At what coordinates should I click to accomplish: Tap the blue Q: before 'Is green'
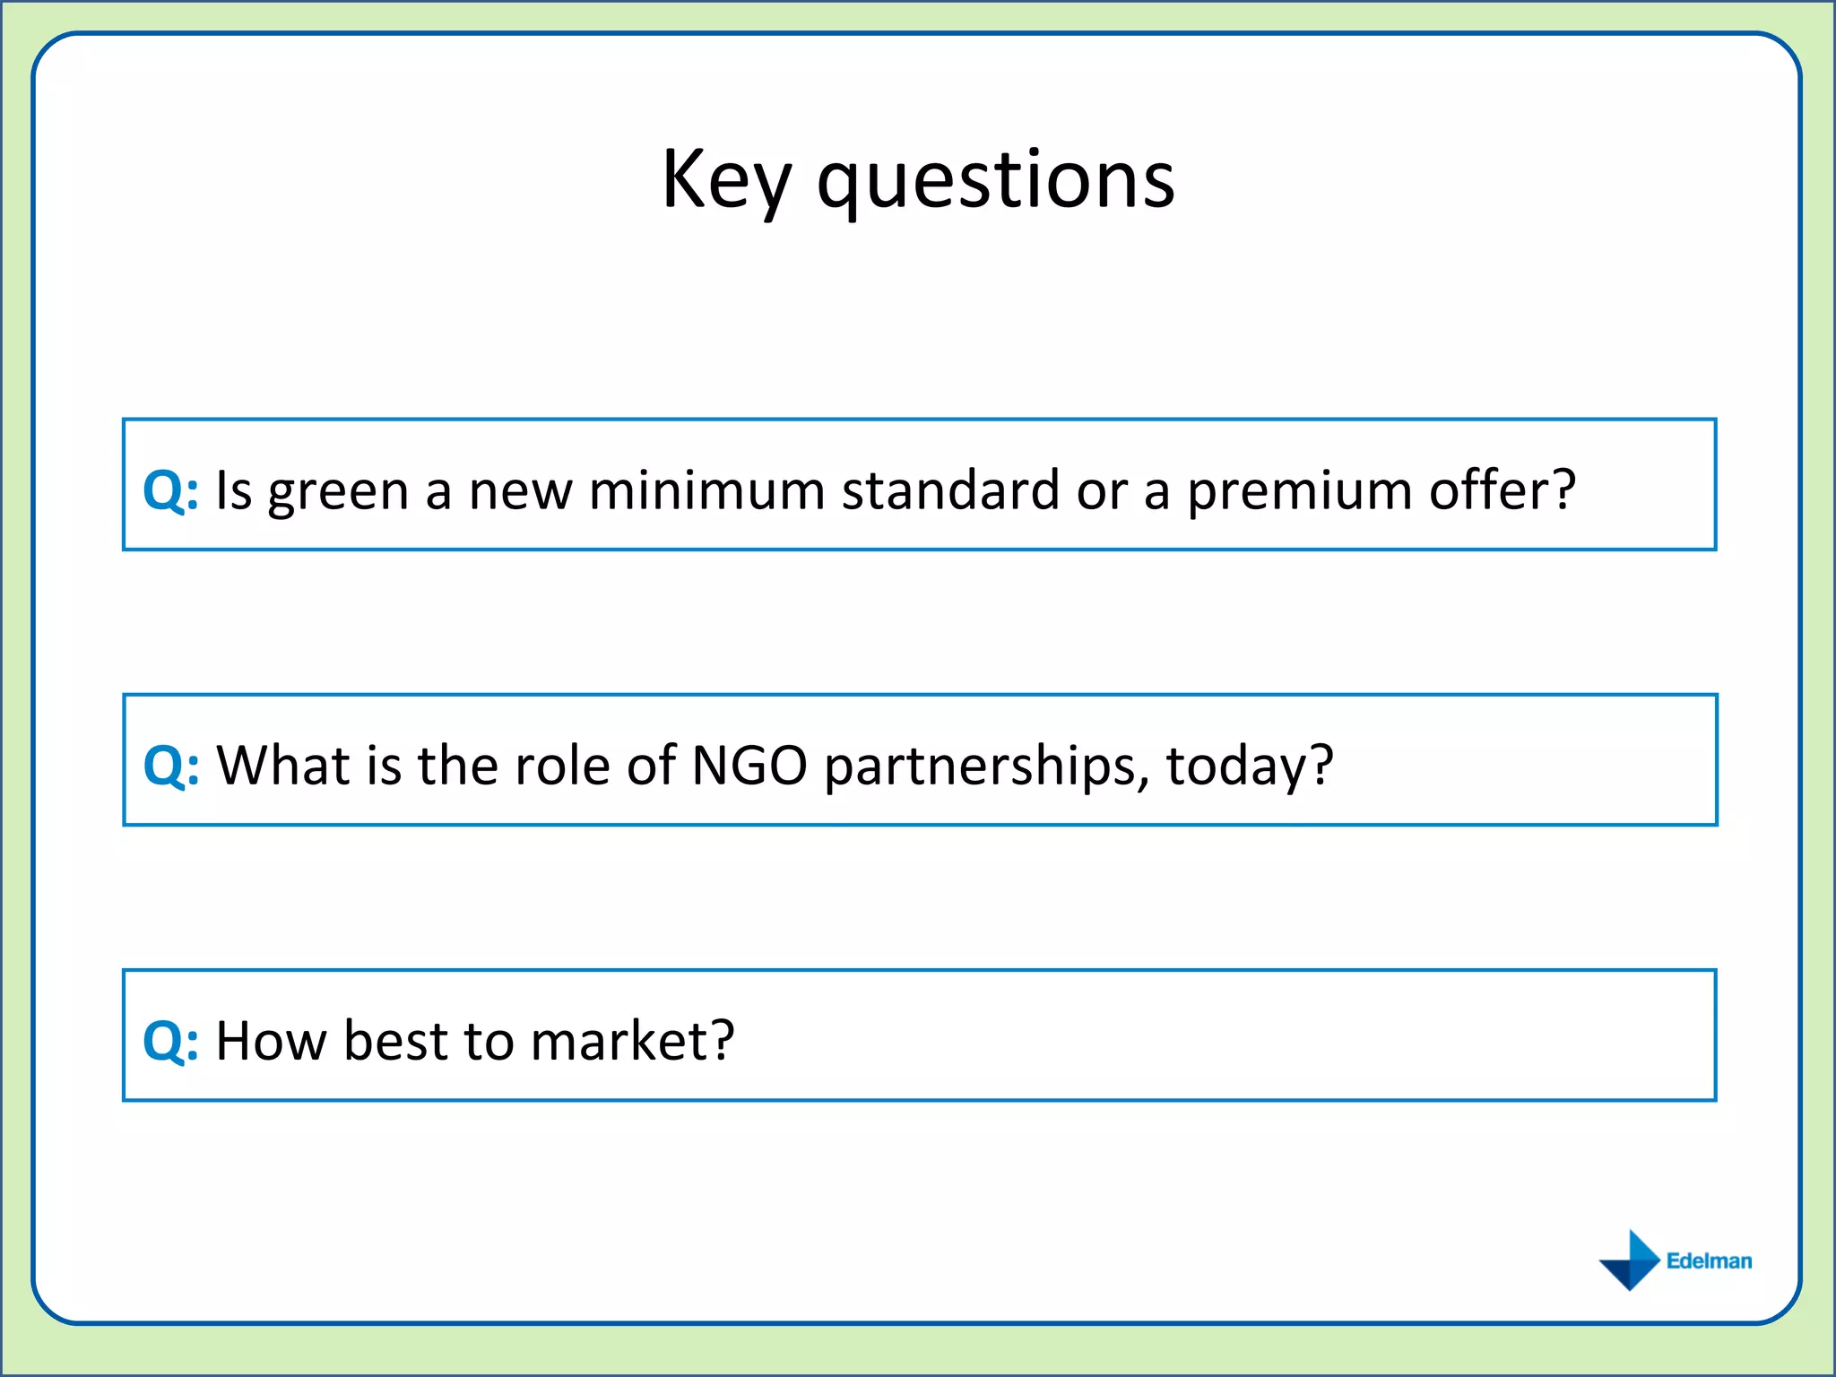(x=170, y=490)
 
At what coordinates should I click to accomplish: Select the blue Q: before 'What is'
(x=170, y=766)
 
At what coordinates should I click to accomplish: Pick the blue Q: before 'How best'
(x=170, y=1041)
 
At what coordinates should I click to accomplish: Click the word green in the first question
(x=338, y=493)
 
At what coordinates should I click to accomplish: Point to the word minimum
(x=706, y=490)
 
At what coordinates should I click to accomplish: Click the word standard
(x=950, y=490)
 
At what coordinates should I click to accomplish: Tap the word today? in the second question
(x=1249, y=767)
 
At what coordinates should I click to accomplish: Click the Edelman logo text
(x=1709, y=1260)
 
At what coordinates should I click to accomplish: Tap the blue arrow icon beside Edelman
(x=1630, y=1260)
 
